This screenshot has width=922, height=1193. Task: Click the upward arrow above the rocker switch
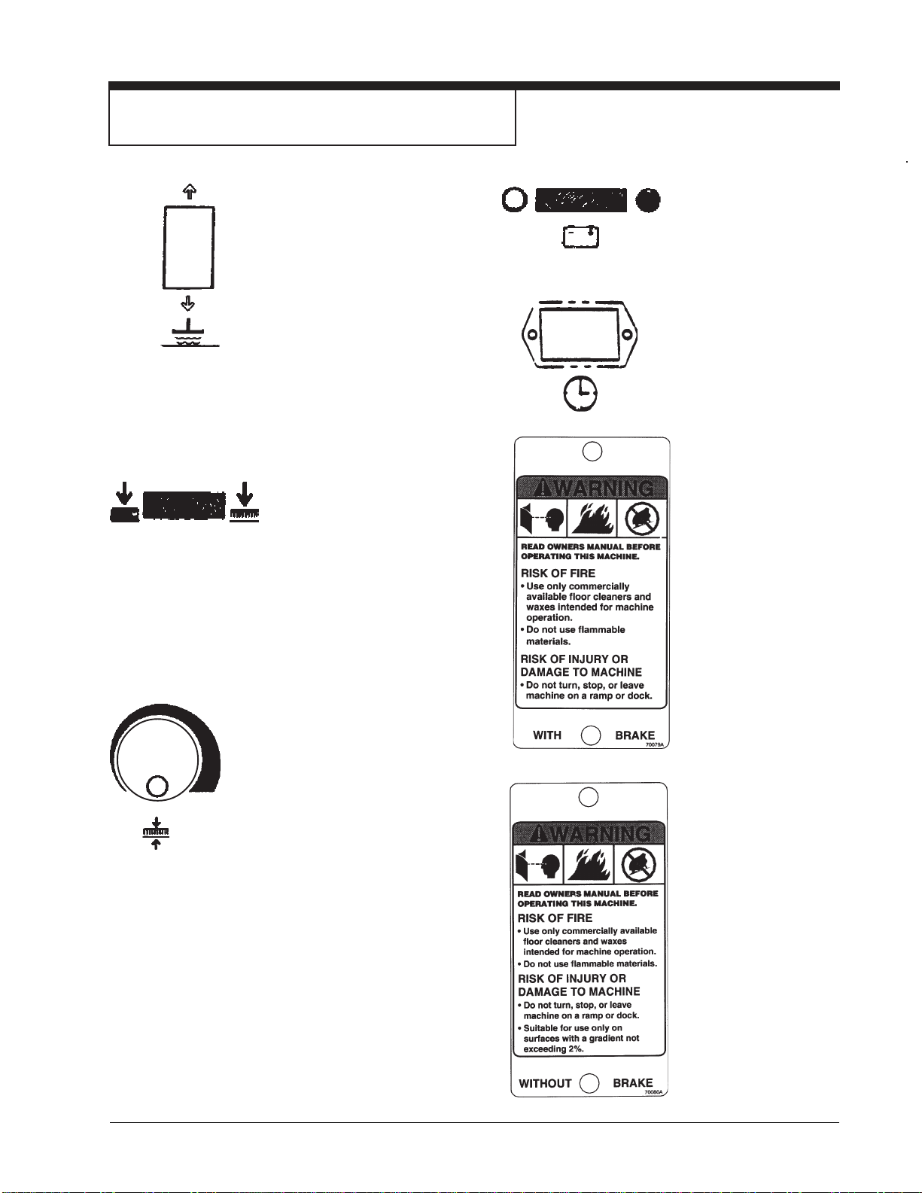tap(190, 191)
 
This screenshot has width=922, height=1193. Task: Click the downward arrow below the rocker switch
tap(188, 303)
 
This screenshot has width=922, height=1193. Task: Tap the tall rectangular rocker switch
tap(189, 248)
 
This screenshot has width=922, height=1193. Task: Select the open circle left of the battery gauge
tap(514, 200)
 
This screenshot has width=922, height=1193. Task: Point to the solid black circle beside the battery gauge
tap(648, 200)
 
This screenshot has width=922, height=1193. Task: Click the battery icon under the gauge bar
tap(581, 237)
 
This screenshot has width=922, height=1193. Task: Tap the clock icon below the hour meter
tap(580, 394)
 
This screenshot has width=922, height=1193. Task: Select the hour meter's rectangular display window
tap(580, 333)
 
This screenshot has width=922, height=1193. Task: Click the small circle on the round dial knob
tap(157, 787)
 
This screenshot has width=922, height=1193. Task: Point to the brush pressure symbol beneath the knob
tap(156, 832)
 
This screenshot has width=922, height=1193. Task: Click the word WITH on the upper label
tap(547, 735)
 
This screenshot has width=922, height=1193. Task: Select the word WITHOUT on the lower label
tap(546, 1083)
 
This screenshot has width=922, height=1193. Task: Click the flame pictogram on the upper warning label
tap(592, 518)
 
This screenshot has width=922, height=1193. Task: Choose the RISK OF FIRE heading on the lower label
tap(555, 918)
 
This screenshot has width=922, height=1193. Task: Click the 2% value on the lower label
tap(575, 1049)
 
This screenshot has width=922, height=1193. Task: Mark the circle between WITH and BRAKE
tap(592, 735)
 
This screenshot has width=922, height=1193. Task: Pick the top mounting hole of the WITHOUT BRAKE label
tap(589, 796)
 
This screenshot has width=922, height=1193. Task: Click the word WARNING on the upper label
tap(602, 488)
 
